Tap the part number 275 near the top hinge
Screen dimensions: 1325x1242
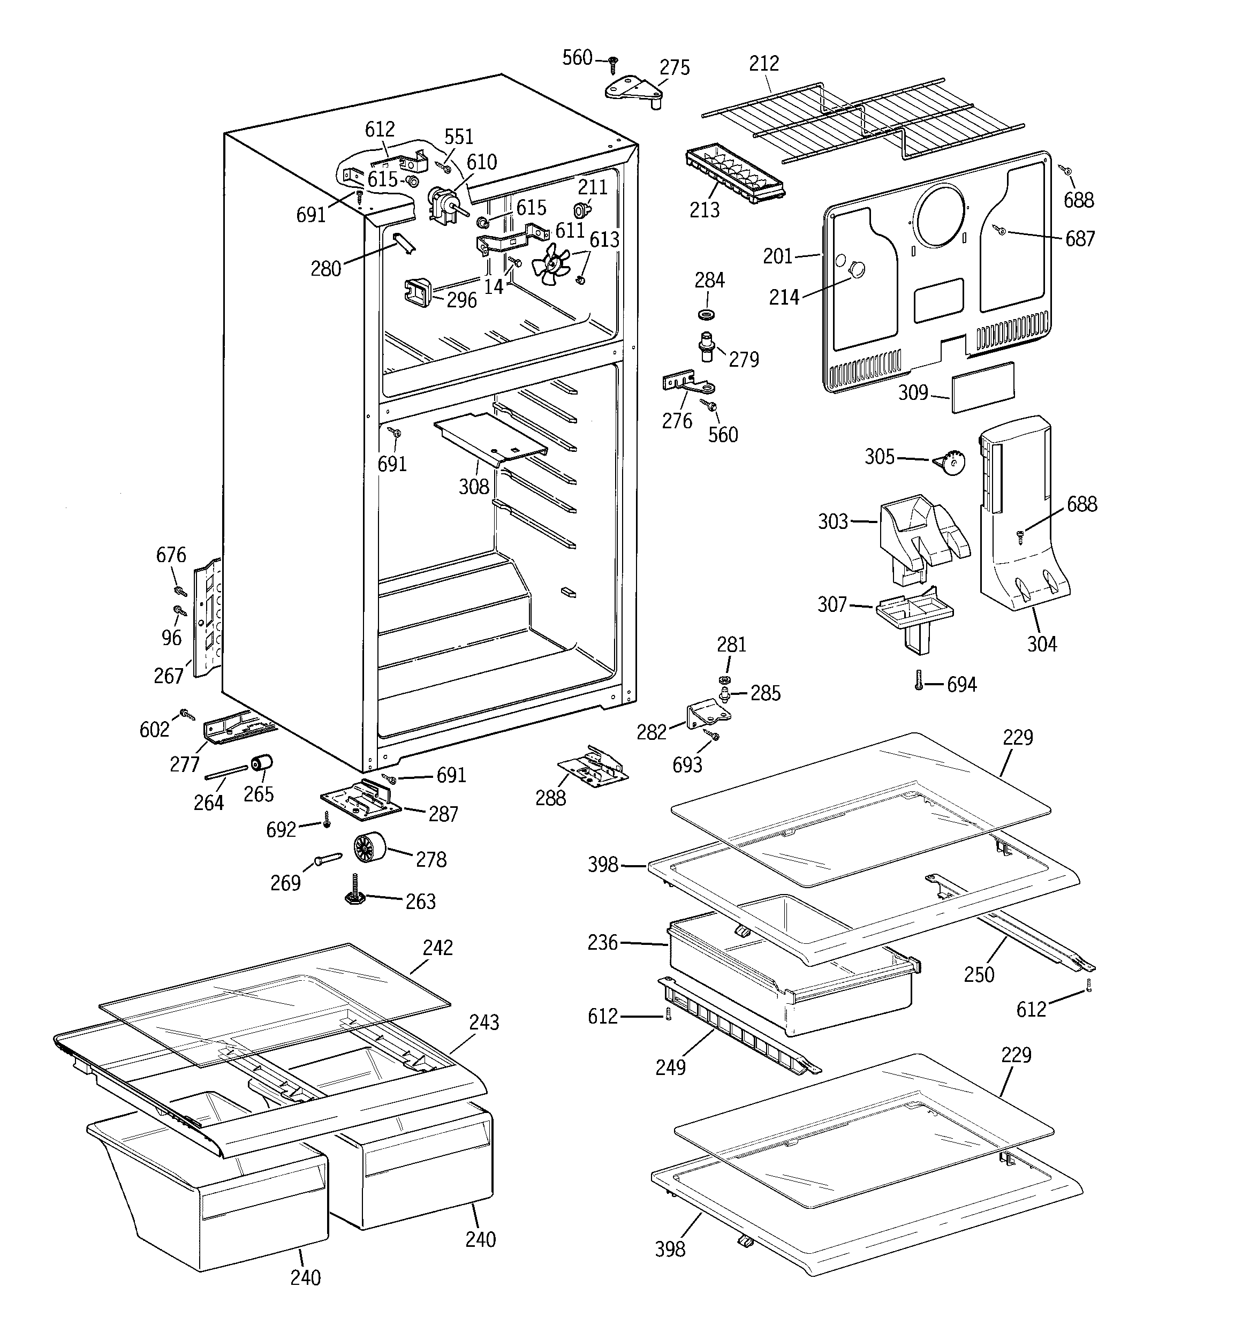click(x=674, y=68)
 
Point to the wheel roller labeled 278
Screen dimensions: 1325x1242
click(x=370, y=849)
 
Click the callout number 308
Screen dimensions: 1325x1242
click(x=473, y=487)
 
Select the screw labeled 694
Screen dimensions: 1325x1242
click(x=919, y=680)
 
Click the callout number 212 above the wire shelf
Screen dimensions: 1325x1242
click(x=763, y=63)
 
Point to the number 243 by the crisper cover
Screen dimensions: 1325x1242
click(x=483, y=1022)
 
